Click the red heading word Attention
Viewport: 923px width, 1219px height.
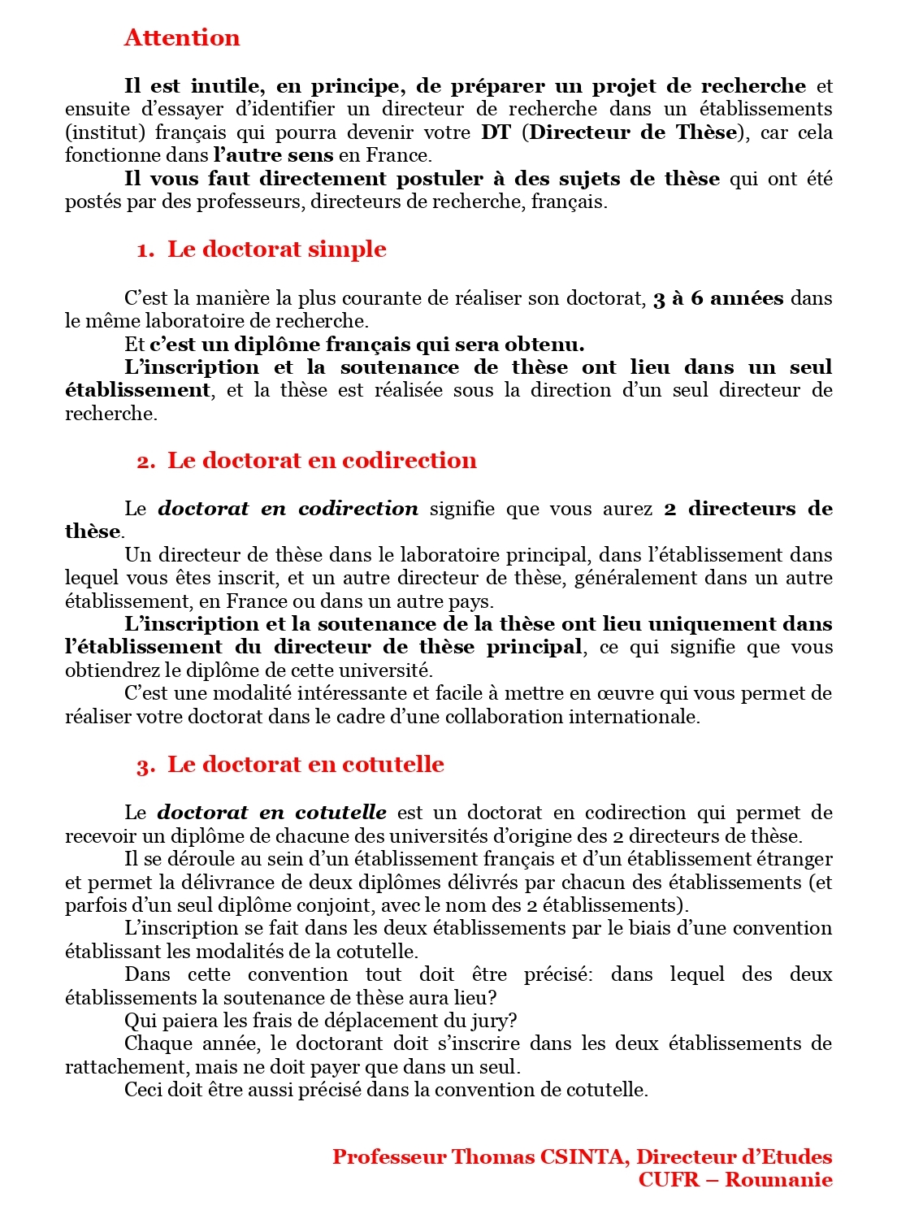(182, 38)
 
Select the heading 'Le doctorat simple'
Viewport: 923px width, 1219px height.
(276, 249)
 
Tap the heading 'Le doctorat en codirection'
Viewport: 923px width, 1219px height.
(322, 461)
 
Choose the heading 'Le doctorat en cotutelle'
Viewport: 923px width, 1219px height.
(305, 765)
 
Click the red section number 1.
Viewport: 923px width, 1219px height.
(145, 251)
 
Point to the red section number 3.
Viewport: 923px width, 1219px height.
(145, 766)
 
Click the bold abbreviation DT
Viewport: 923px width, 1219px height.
(496, 132)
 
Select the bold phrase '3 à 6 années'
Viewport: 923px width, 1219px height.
(718, 298)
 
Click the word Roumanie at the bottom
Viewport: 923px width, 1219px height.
(778, 1180)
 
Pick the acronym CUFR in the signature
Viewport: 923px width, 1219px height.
(668, 1180)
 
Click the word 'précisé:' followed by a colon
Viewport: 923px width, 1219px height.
(558, 974)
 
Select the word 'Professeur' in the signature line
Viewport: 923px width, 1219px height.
(389, 1157)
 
